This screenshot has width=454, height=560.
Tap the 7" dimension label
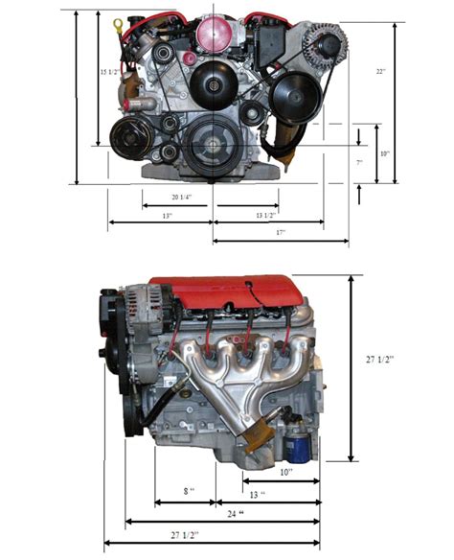point(359,163)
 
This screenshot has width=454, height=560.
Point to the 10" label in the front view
point(383,153)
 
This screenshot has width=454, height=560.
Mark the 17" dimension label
point(280,232)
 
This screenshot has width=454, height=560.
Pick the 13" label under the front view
point(167,216)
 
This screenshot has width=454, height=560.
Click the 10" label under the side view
point(286,472)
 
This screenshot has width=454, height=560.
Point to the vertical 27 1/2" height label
point(379,360)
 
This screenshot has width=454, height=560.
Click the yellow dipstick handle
point(118,23)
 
